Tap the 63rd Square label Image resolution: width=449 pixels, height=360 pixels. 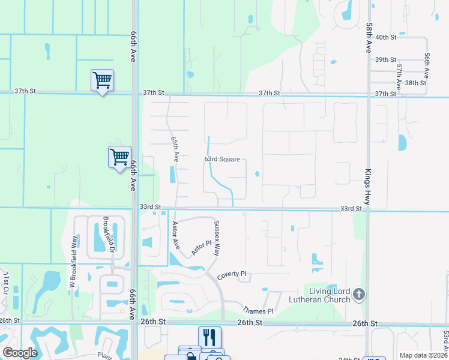222,160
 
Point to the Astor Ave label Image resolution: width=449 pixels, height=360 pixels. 176,235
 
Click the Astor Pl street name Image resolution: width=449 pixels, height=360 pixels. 202,248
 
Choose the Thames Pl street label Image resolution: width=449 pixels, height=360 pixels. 258,311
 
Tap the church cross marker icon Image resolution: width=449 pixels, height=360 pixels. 359,294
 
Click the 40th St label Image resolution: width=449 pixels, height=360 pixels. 385,37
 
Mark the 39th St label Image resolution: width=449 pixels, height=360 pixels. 385,60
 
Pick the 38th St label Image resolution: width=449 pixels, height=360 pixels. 415,83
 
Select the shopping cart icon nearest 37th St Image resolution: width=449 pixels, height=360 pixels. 103,80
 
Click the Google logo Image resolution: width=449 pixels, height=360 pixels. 20,352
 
